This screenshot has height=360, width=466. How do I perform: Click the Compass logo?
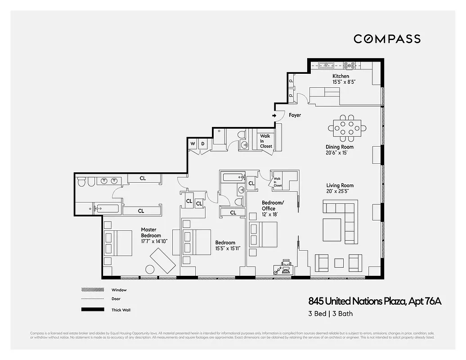click(387, 39)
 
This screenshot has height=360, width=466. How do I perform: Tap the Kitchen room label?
click(341, 76)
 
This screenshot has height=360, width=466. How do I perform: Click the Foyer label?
click(295, 116)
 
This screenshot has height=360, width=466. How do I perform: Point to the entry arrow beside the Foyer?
click(274, 116)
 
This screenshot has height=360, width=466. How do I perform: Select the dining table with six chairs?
click(347, 127)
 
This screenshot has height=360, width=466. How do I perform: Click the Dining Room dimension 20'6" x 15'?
click(340, 153)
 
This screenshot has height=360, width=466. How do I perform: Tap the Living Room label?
click(340, 185)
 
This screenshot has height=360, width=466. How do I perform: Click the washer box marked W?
click(193, 144)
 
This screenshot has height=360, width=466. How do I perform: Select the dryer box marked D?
click(202, 144)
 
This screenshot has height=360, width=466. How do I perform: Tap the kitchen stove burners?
click(349, 65)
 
